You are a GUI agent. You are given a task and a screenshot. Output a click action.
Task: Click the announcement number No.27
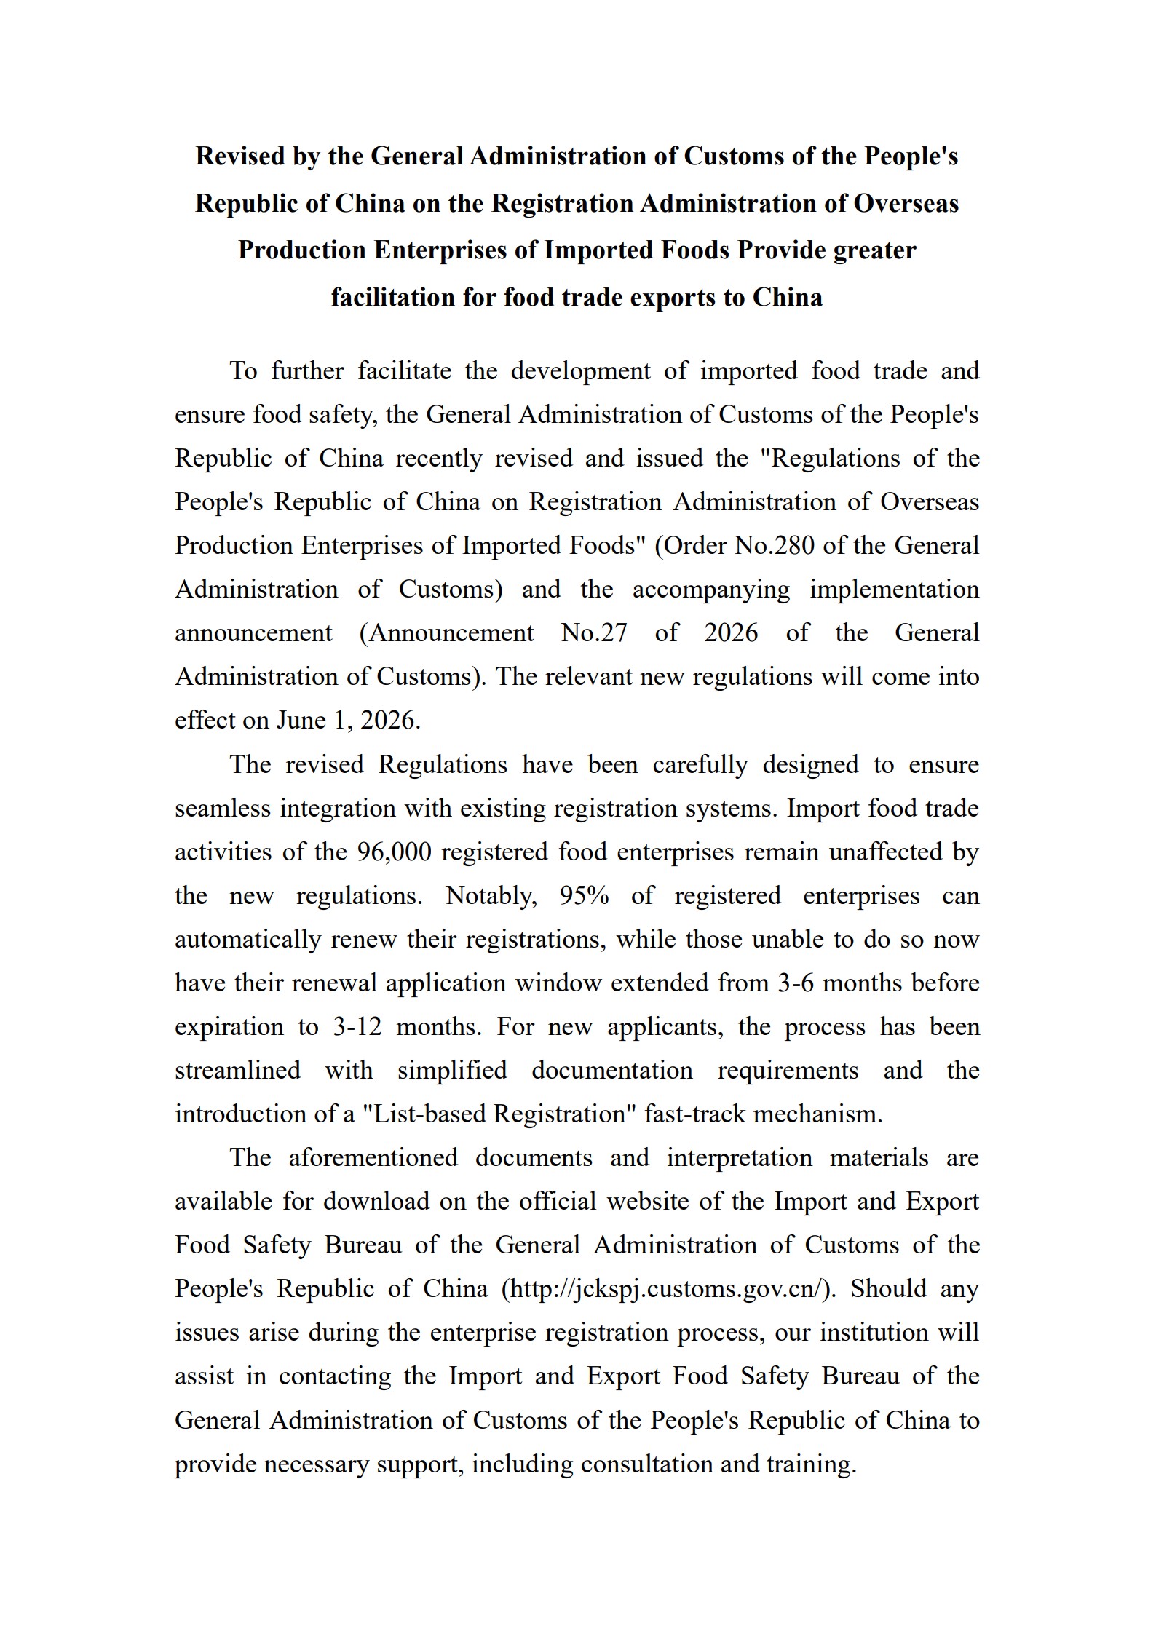(x=594, y=632)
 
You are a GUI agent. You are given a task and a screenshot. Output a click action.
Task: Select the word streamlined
(x=237, y=1070)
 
